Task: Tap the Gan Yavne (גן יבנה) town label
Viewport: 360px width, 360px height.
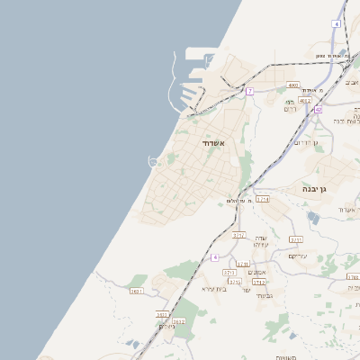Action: click(319, 190)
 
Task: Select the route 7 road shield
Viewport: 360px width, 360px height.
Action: click(250, 92)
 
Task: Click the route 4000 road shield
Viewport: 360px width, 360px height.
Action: click(292, 85)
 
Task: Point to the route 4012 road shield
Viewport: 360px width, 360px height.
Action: click(305, 101)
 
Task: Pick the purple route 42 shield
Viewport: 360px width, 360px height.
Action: click(319, 109)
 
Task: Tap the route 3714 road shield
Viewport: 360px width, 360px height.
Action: click(262, 199)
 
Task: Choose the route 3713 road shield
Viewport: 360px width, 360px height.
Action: click(238, 235)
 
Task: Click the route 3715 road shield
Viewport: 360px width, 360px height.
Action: click(296, 240)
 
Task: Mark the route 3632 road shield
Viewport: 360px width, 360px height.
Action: click(178, 321)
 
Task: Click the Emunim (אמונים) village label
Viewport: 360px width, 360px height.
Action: click(257, 273)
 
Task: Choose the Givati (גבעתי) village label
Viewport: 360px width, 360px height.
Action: click(263, 295)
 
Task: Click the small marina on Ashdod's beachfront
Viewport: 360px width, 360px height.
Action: click(154, 161)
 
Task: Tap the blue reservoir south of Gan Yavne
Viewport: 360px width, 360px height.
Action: click(312, 216)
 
